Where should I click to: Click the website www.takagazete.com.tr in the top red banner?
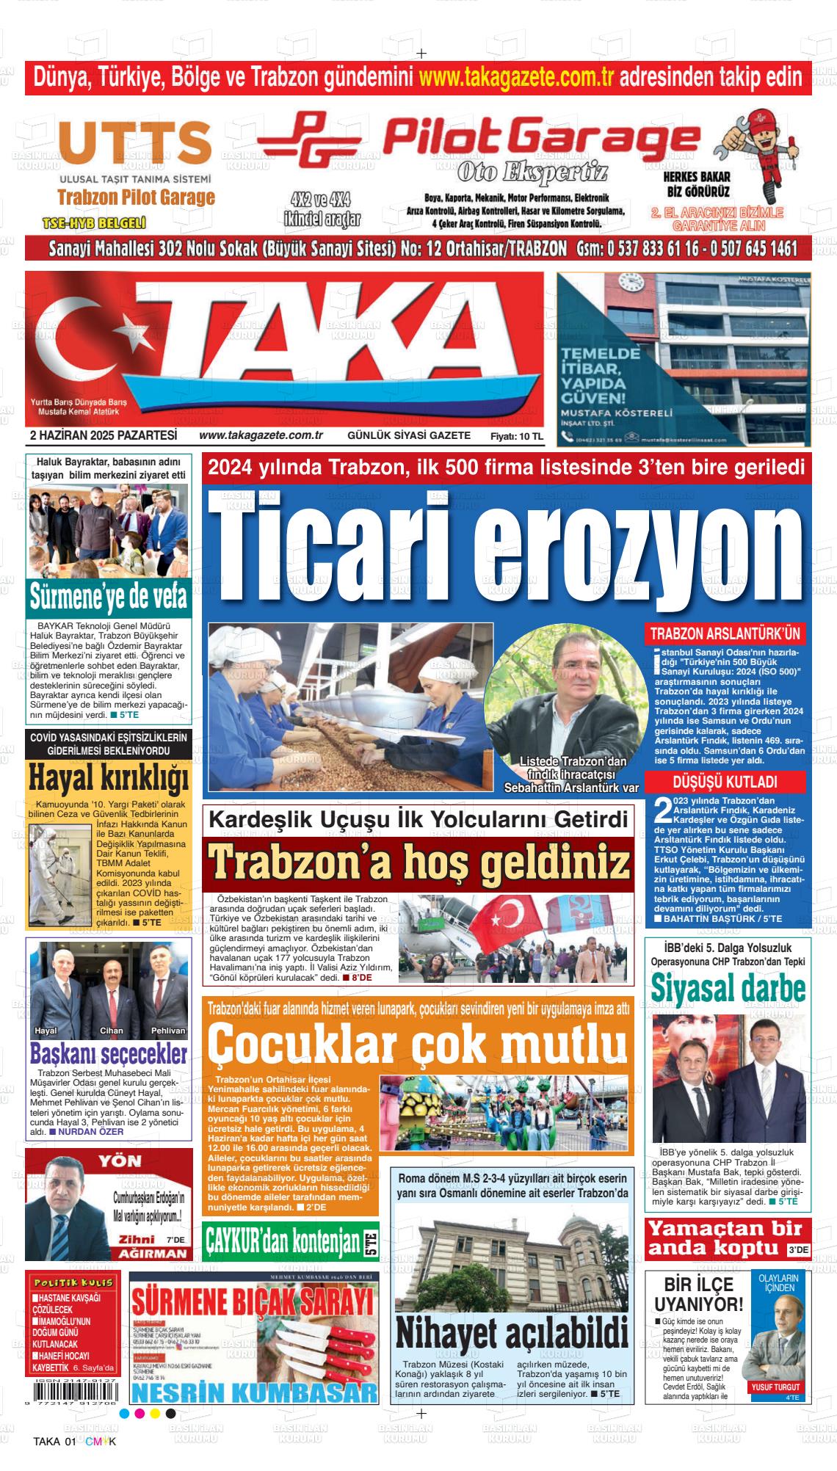click(516, 76)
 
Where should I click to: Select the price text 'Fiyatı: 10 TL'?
click(516, 436)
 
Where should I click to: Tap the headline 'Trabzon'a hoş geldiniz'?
click(419, 865)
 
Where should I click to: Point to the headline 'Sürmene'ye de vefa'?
click(109, 596)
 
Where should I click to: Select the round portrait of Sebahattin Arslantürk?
click(562, 697)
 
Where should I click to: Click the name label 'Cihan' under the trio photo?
click(112, 1031)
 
